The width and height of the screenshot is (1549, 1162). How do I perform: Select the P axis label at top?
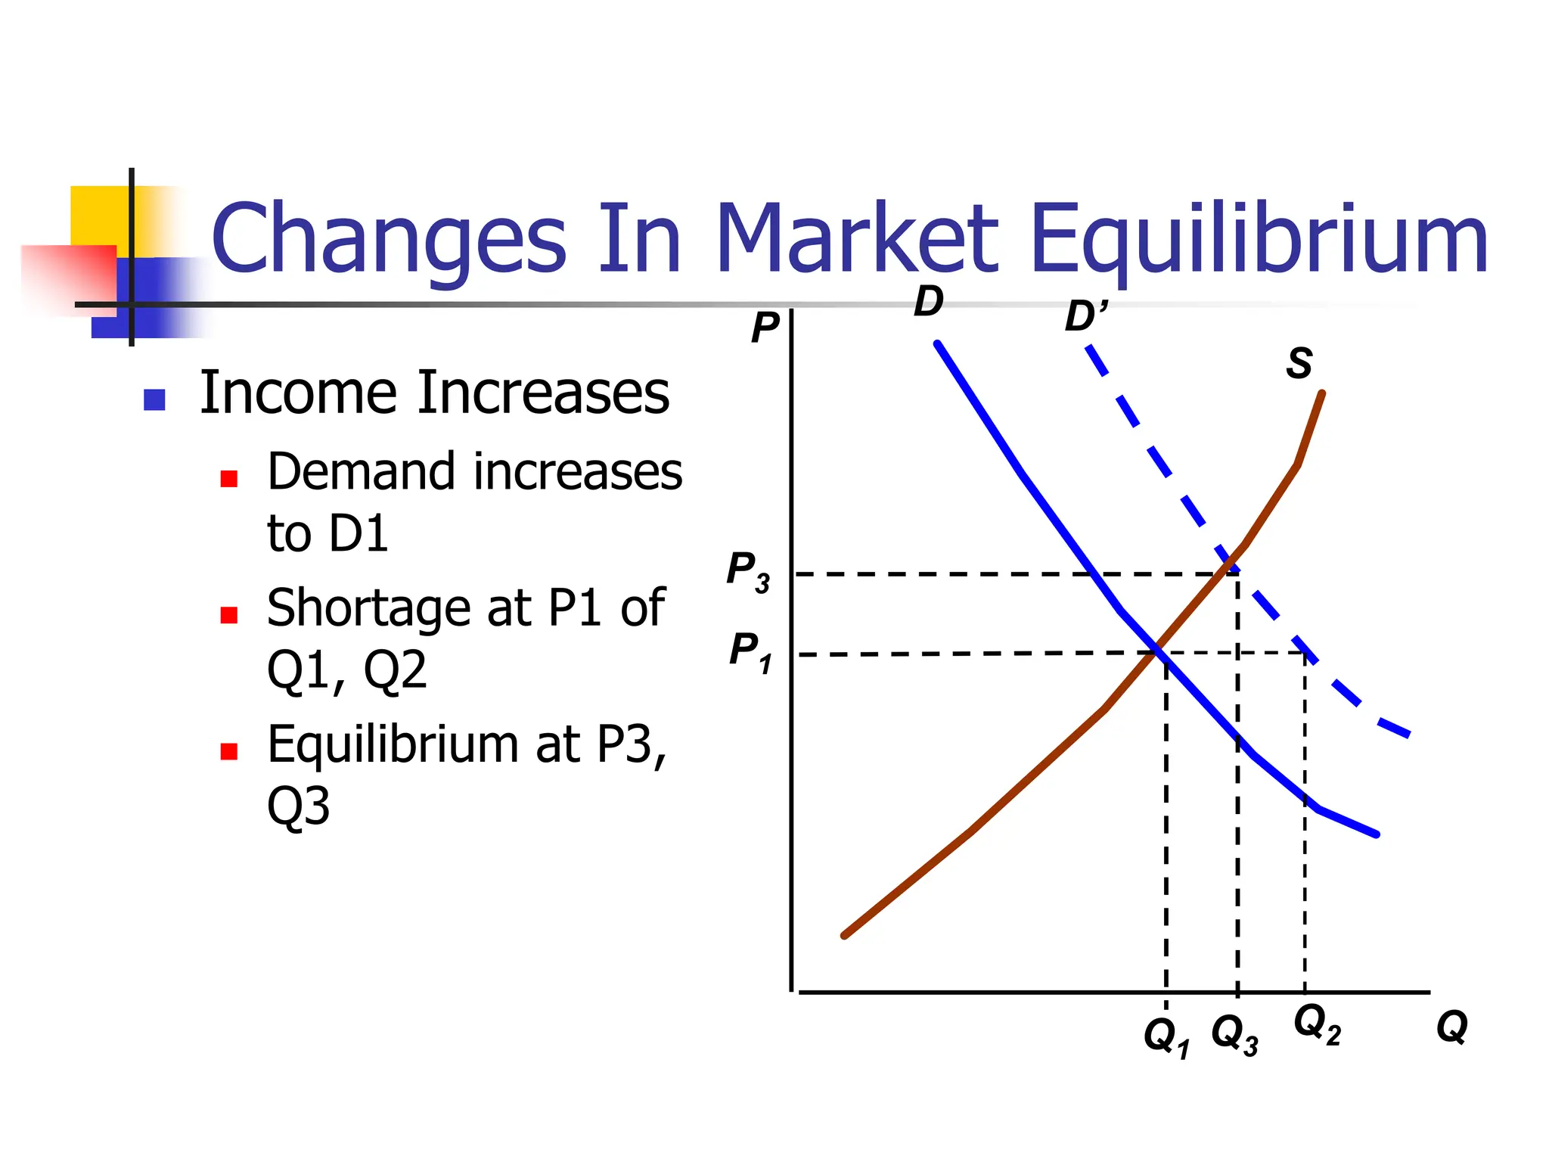click(x=765, y=328)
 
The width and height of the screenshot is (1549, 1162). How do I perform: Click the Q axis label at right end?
click(x=1451, y=1027)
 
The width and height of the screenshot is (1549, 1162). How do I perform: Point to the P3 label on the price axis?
click(x=747, y=571)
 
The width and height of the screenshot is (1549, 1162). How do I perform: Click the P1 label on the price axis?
click(x=750, y=651)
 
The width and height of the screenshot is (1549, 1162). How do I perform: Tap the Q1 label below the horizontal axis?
click(x=1166, y=1036)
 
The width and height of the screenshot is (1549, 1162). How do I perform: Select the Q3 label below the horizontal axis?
click(x=1234, y=1033)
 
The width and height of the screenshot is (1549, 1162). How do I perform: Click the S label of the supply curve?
click(x=1299, y=363)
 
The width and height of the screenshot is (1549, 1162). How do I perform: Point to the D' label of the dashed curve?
click(x=1085, y=316)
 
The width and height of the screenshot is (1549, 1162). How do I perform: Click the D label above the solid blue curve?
click(x=928, y=302)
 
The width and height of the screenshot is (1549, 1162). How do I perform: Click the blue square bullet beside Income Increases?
click(x=154, y=399)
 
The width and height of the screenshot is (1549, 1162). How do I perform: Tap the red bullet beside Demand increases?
click(x=229, y=478)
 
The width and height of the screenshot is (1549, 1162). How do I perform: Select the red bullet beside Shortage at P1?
click(x=229, y=614)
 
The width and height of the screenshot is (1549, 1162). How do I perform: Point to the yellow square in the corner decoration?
click(x=98, y=216)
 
